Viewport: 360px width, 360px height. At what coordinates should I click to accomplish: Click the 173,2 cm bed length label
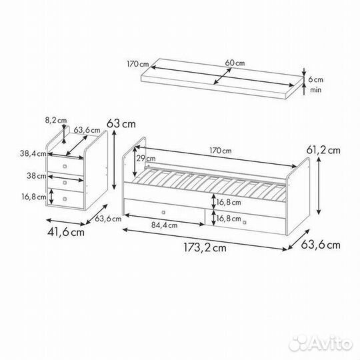205,247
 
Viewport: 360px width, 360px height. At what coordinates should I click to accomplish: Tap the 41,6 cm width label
66,232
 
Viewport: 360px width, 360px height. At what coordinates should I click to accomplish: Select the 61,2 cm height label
323,151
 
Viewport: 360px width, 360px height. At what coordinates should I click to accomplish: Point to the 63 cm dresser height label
121,124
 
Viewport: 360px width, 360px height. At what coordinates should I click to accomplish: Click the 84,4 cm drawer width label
165,225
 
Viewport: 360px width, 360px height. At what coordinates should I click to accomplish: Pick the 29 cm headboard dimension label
146,159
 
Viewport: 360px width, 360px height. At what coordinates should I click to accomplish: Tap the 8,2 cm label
56,120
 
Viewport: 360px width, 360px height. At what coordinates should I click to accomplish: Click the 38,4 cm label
33,153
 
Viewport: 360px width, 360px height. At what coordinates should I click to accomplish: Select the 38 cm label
37,176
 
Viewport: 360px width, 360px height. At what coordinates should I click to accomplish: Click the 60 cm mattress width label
235,63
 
